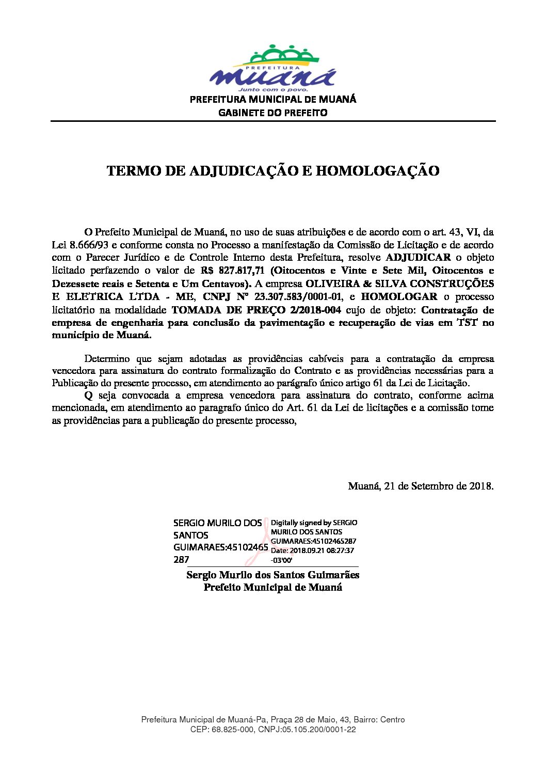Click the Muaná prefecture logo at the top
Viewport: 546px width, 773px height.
click(x=272, y=68)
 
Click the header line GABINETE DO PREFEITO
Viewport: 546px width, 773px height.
click(x=272, y=113)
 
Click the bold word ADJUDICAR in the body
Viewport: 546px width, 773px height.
click(x=418, y=257)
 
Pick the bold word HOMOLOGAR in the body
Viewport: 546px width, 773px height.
click(x=398, y=297)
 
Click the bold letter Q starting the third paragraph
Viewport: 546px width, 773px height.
click(x=88, y=396)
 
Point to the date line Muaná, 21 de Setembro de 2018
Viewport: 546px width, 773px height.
click(x=421, y=486)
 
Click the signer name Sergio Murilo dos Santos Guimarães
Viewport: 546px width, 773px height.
click(x=272, y=575)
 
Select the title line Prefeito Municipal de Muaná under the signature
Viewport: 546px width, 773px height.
click(x=272, y=587)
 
